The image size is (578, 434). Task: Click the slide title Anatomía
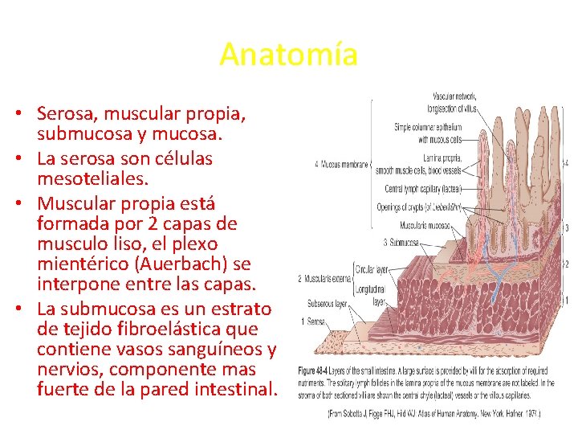pos(288,55)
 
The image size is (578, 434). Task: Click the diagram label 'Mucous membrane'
pos(344,165)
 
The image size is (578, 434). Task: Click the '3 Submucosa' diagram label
pos(401,242)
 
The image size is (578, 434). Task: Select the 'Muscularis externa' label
pos(327,279)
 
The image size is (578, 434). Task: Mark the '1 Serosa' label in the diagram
pos(314,321)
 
